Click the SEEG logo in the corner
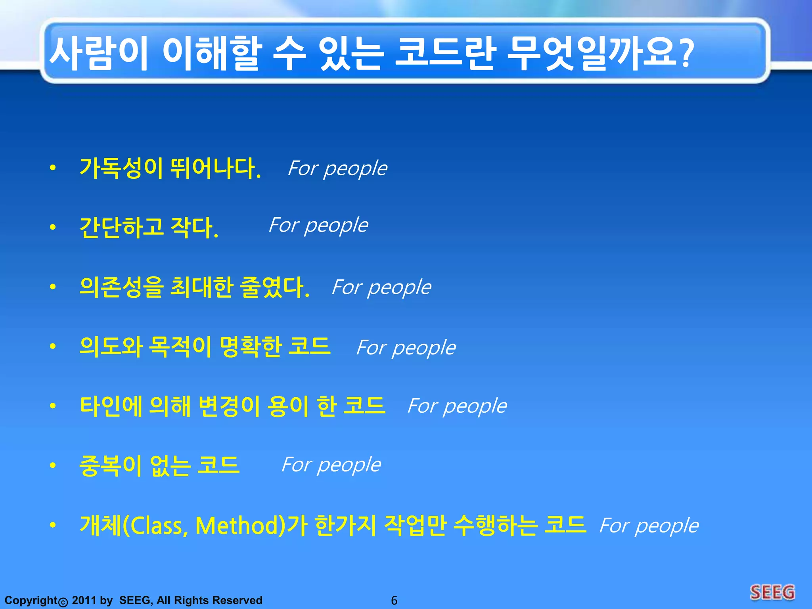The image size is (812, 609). (772, 593)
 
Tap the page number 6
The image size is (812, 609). (394, 600)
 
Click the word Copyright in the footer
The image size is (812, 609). (31, 600)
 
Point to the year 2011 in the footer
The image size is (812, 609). (84, 600)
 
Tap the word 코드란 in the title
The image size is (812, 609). (446, 54)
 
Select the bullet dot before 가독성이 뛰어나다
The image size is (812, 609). (53, 168)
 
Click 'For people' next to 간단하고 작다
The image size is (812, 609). (318, 226)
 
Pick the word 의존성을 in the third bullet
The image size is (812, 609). (121, 287)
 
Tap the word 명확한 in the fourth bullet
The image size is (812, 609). (250, 347)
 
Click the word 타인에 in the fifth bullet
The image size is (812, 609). (111, 406)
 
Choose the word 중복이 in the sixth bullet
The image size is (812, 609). (111, 465)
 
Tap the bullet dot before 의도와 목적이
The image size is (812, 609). (53, 347)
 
